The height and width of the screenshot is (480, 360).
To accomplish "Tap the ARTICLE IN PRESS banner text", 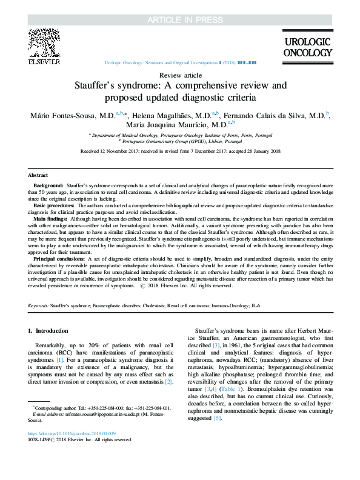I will point(179,8).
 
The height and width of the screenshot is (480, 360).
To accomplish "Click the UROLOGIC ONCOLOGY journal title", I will point(308,47).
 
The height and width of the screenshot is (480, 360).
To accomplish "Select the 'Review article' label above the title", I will point(180,75).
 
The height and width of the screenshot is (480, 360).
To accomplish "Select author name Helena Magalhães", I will point(174,116).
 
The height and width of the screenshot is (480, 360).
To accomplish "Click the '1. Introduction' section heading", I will point(49,331).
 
